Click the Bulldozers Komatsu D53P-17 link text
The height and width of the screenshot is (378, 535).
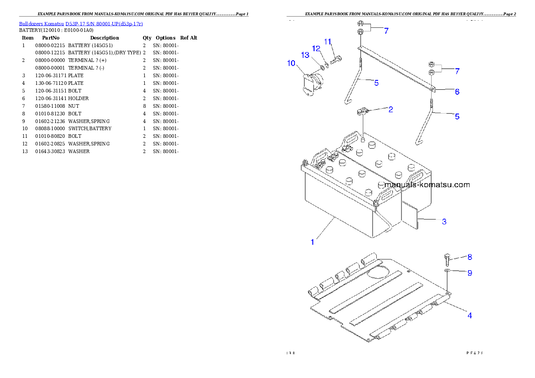tap(81, 24)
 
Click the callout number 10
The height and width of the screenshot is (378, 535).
tap(291, 63)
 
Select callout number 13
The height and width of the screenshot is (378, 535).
tap(305, 55)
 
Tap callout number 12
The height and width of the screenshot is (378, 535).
tap(316, 48)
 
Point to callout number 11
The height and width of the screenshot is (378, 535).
tap(328, 42)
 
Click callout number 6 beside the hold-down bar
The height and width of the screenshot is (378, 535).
tap(457, 92)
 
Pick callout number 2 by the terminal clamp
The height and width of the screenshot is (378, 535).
tap(391, 109)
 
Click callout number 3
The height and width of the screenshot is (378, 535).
tap(444, 221)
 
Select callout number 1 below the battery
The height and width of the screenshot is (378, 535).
tap(312, 242)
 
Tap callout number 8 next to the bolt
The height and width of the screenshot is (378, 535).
tap(469, 257)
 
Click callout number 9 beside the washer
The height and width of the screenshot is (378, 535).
tap(469, 273)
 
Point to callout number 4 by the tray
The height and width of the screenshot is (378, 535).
tap(469, 315)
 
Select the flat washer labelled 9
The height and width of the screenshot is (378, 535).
tap(447, 272)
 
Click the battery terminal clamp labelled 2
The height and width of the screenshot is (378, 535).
tap(362, 111)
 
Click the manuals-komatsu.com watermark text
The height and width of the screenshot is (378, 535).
tap(427, 185)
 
